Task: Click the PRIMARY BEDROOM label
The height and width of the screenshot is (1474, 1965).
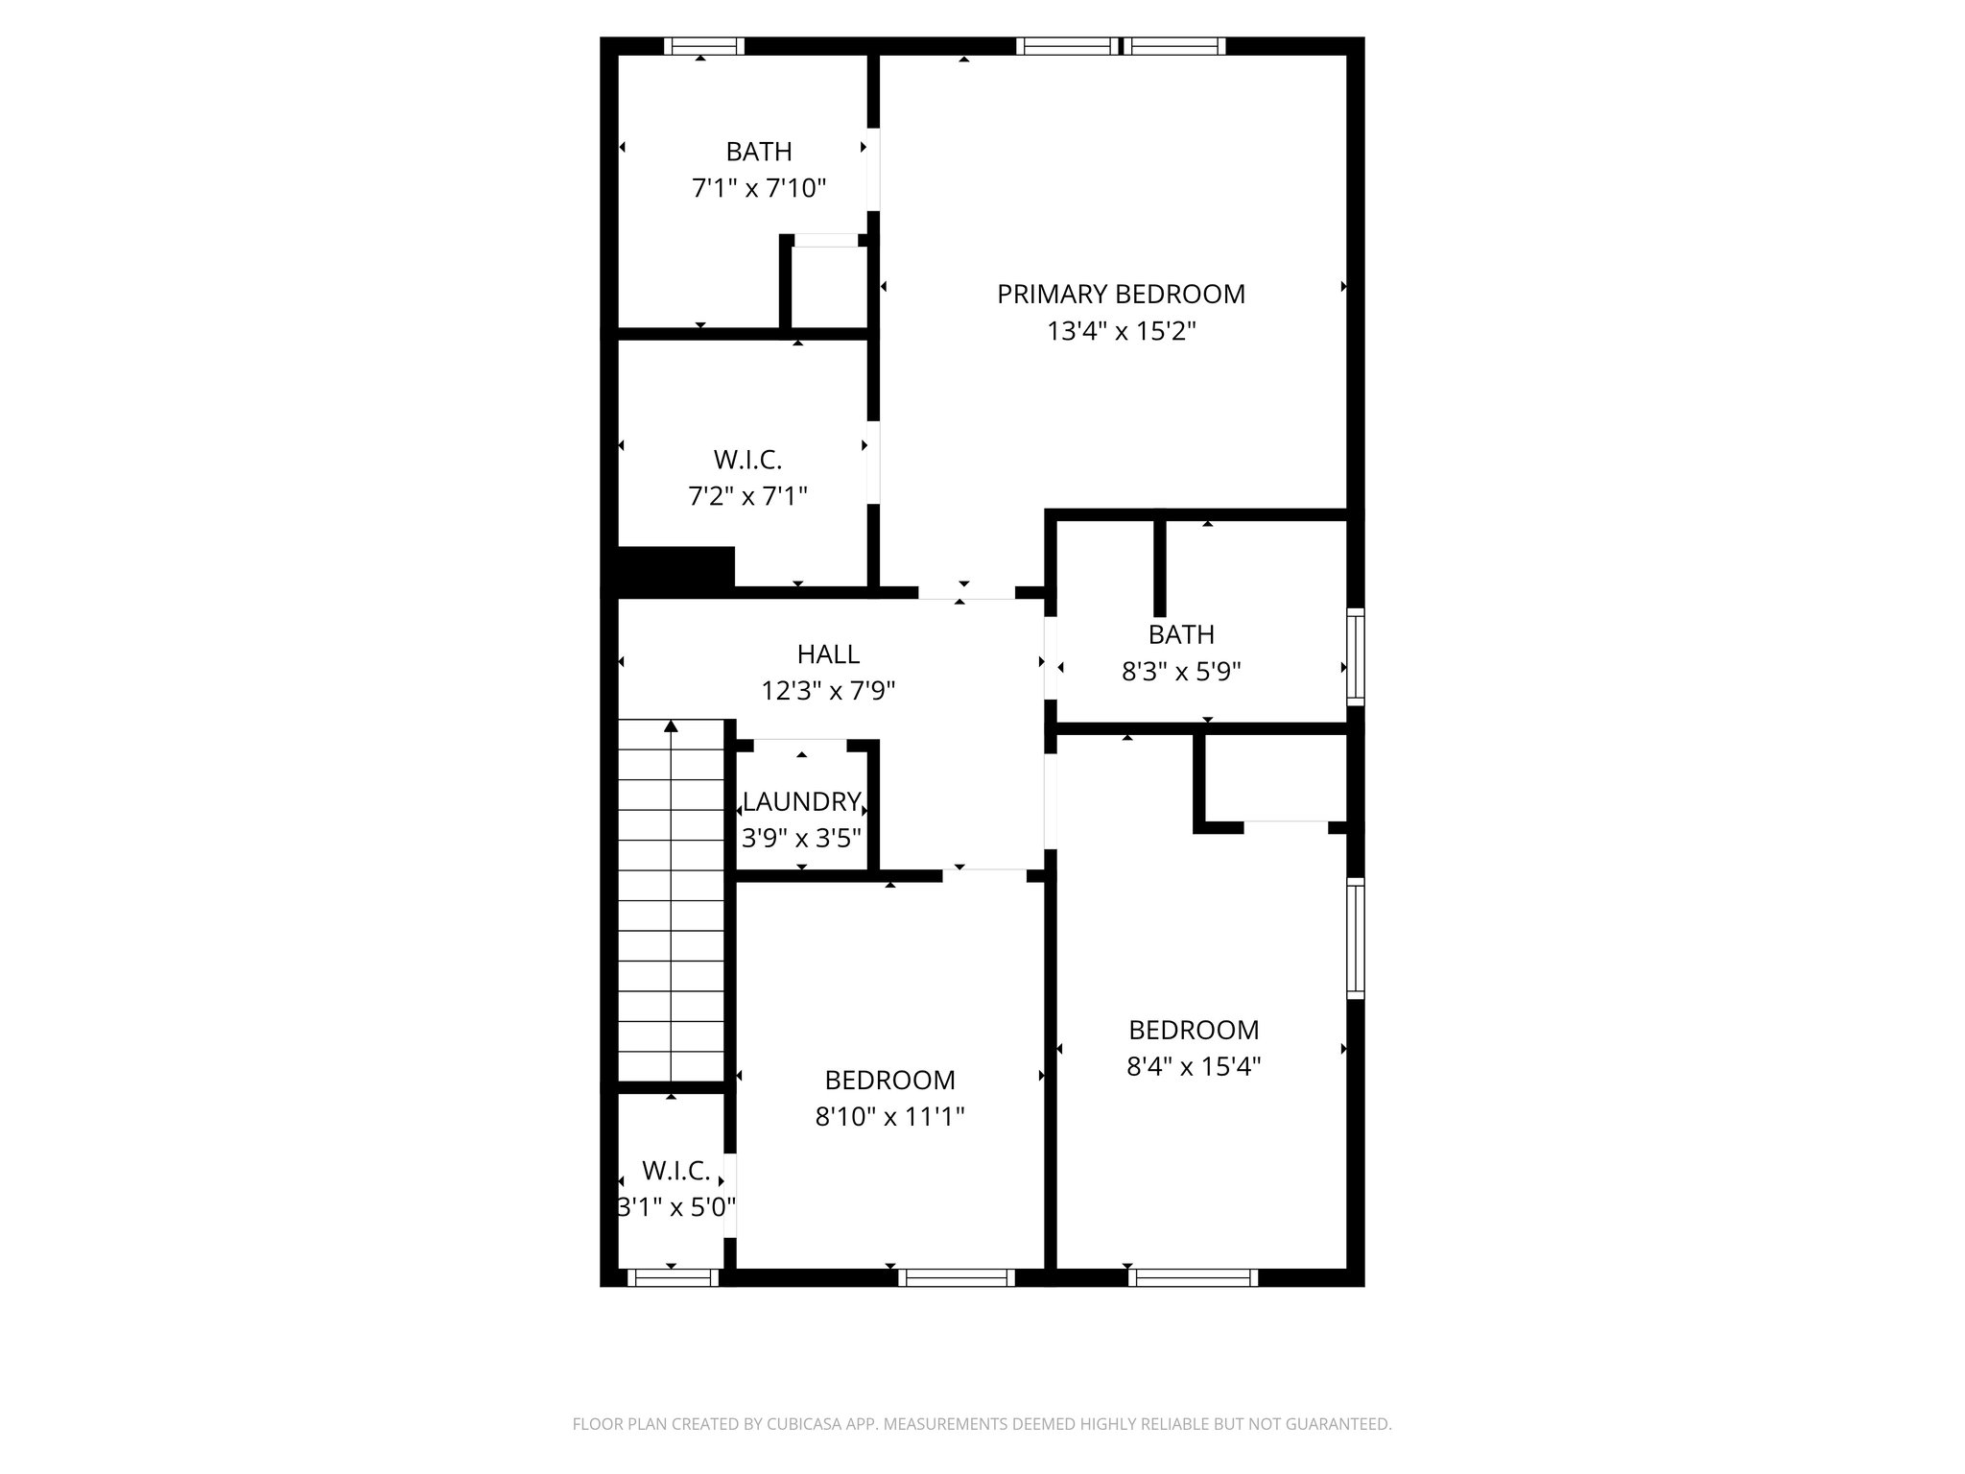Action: coord(1121,294)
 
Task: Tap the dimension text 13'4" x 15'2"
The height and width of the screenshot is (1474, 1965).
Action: coord(1121,332)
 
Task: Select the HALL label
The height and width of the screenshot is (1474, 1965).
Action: coord(828,654)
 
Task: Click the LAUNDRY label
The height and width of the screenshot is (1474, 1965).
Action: coord(801,801)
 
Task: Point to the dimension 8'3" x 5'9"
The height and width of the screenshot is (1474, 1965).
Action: coord(1181,672)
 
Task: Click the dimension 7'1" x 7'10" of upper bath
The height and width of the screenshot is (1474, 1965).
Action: coord(759,188)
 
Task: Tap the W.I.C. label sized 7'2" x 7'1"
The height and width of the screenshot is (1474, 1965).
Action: coord(747,461)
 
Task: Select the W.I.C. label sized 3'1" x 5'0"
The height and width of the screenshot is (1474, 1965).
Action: coord(675,1171)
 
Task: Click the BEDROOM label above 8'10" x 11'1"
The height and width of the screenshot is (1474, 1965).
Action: coord(889,1081)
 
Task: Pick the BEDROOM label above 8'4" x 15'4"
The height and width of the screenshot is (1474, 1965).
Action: coord(1194,1031)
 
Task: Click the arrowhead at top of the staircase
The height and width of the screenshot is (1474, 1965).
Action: coord(671,726)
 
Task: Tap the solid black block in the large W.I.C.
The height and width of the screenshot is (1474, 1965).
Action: coord(675,568)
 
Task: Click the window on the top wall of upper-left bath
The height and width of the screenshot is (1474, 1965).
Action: coord(704,46)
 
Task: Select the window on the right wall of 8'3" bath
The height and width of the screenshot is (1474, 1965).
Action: coord(1355,656)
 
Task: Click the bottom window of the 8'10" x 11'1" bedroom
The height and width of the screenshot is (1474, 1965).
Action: coord(957,1277)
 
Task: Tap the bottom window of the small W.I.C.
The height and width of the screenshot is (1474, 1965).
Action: coord(672,1277)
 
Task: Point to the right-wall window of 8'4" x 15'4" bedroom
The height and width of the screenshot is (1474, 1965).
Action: coord(1355,939)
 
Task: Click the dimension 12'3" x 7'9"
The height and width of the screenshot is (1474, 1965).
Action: coord(828,691)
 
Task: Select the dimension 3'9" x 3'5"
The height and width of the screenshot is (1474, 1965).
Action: coord(801,839)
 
